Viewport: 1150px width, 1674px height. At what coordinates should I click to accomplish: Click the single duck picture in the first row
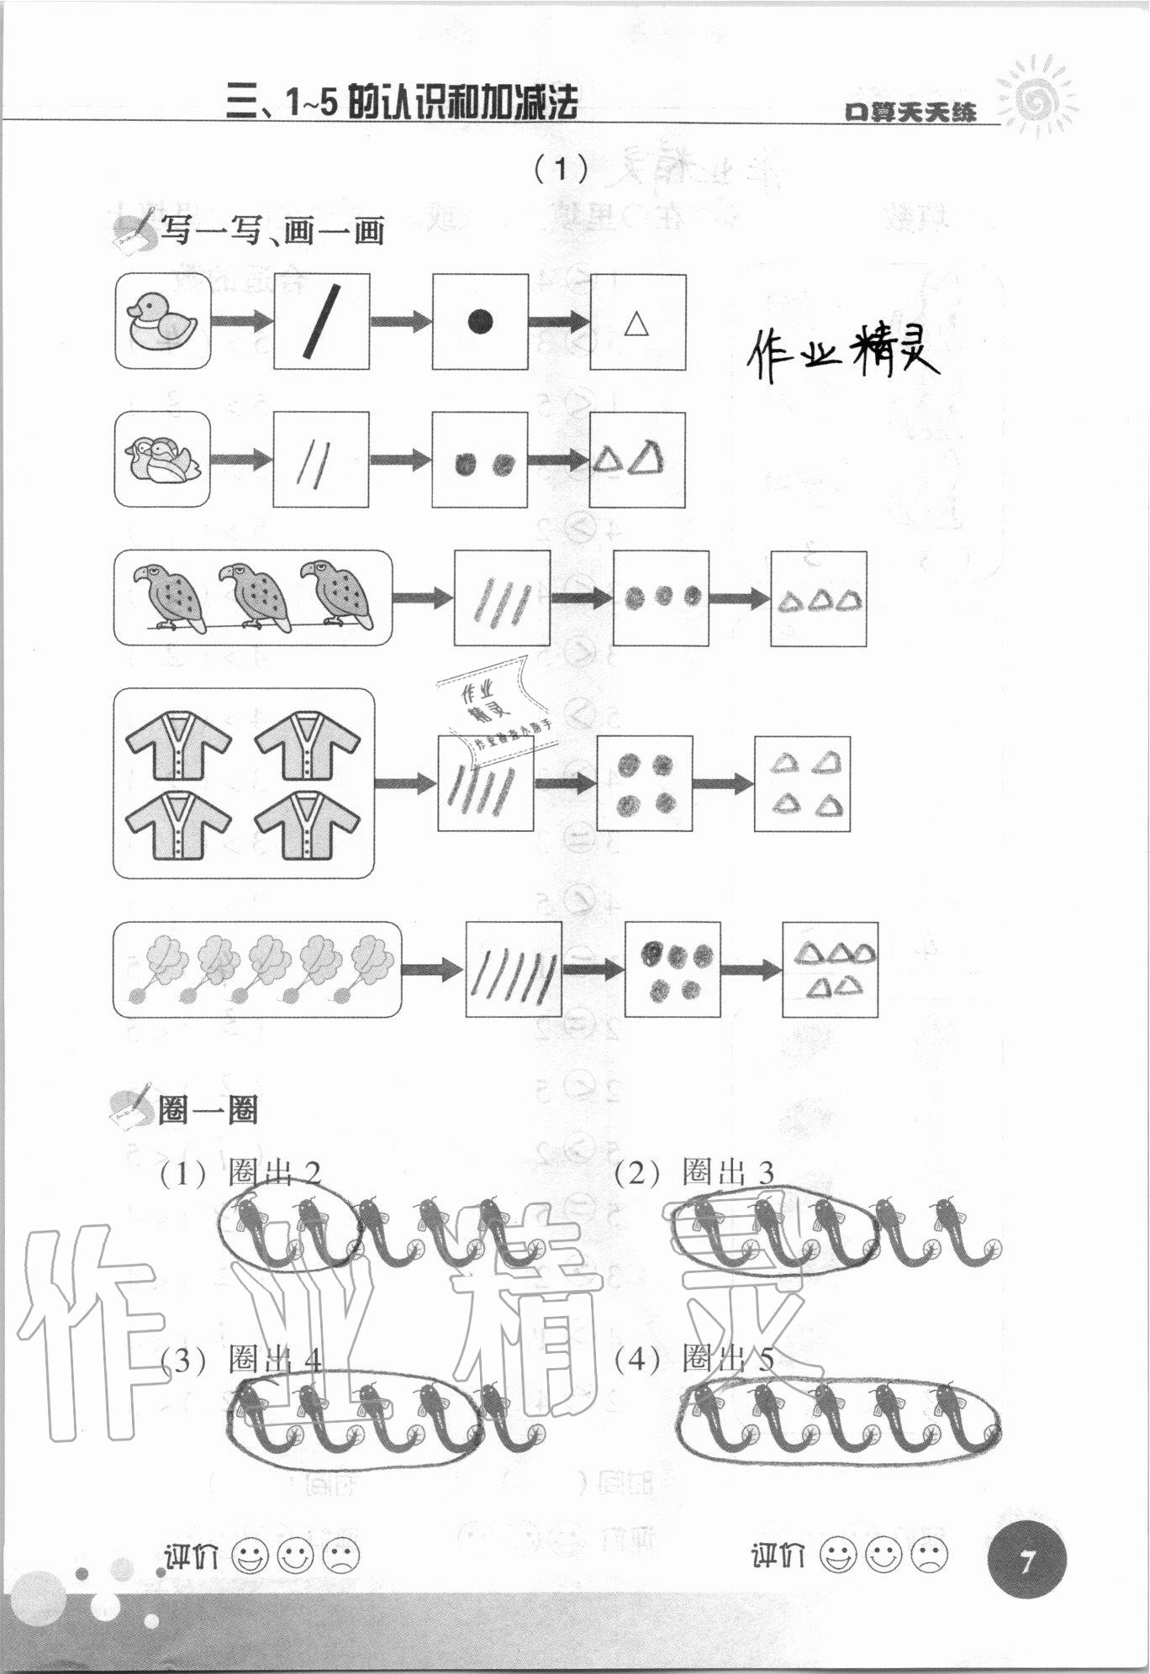(x=162, y=320)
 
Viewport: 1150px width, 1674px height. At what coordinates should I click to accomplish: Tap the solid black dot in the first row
(x=479, y=322)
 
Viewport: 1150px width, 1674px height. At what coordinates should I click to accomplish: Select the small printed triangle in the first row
(x=636, y=324)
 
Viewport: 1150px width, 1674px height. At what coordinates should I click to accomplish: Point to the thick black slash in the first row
(x=321, y=321)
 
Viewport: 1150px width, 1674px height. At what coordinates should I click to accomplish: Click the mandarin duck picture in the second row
(x=162, y=460)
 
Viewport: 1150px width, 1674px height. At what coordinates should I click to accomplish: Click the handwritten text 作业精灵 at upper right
(x=842, y=354)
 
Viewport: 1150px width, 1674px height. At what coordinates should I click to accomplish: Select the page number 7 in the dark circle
(x=1026, y=1562)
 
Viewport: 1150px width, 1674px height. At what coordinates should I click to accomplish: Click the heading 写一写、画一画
(x=271, y=229)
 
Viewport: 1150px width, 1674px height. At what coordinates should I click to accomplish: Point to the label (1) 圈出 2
(x=240, y=1173)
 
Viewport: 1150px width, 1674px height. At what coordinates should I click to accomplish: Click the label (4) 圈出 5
(x=694, y=1359)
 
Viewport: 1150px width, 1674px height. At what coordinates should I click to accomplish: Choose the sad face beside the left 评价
(x=340, y=1556)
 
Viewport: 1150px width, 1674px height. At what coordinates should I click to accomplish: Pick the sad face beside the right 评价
(x=927, y=1555)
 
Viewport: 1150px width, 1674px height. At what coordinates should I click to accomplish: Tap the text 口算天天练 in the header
(x=910, y=111)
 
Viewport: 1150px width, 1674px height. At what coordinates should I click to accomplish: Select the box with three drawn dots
(x=661, y=597)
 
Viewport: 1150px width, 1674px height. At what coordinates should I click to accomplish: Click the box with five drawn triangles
(x=831, y=970)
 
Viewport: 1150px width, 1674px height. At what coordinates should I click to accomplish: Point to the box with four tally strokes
(x=485, y=783)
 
